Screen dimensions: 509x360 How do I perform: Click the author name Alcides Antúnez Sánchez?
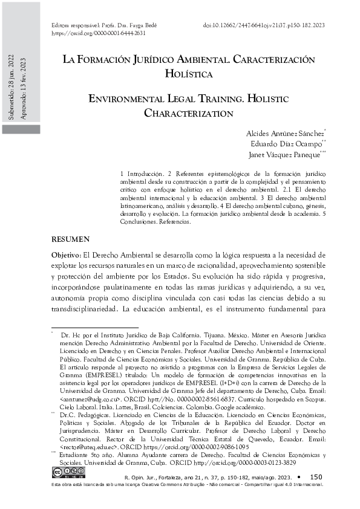point(285,133)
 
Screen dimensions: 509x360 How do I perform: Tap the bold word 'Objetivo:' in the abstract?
point(65,256)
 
